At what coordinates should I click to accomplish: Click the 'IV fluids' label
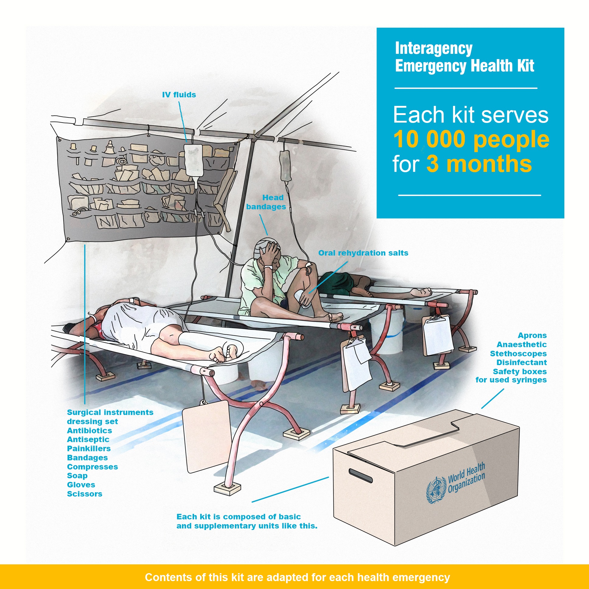click(x=179, y=95)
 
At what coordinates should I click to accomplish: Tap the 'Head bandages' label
click(x=266, y=202)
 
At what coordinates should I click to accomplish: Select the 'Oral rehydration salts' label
click(x=363, y=253)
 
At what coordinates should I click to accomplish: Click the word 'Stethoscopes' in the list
click(x=518, y=354)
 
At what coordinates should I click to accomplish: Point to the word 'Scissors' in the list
click(x=85, y=494)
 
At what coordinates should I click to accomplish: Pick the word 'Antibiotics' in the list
click(x=89, y=430)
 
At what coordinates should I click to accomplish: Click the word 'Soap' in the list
click(x=77, y=476)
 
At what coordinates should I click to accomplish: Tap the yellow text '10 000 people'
click(x=471, y=139)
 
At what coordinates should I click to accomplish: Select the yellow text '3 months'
click(x=479, y=164)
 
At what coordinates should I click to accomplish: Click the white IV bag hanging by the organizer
click(x=193, y=162)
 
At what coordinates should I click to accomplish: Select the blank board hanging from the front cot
click(x=206, y=437)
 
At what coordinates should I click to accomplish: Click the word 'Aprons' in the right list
click(x=532, y=335)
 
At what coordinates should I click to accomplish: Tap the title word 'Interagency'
click(x=434, y=49)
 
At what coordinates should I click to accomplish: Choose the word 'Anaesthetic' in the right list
click(x=522, y=344)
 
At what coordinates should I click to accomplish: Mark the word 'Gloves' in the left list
click(x=81, y=485)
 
